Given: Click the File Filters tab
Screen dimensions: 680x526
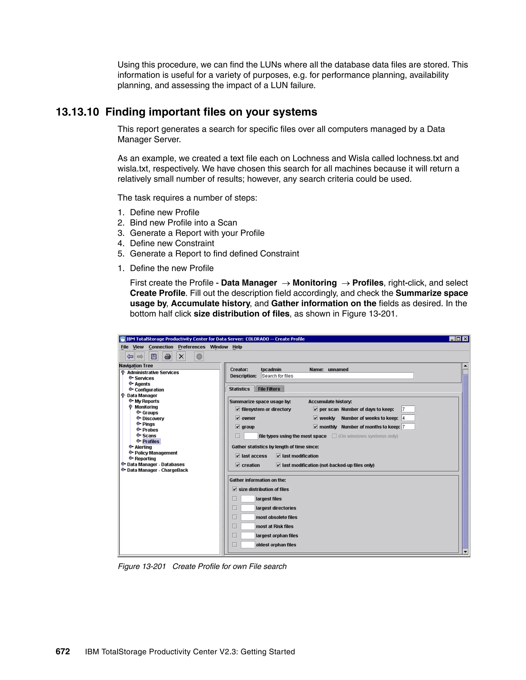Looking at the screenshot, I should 269,389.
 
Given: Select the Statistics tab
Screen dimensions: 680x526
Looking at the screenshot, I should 239,389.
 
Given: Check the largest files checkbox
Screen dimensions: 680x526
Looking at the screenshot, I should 235,499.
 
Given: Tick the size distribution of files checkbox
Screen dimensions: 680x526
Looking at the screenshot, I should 235,489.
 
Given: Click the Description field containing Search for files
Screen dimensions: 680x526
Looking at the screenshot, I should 337,376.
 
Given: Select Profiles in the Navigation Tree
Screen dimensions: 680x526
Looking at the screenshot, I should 151,442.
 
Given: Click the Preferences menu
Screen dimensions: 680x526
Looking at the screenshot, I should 192,347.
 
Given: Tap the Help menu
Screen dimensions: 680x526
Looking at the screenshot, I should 237,347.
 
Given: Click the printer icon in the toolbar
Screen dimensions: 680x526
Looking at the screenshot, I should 168,356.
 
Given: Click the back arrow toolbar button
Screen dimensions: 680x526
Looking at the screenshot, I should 130,356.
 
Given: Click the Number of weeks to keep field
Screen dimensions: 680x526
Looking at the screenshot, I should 408,418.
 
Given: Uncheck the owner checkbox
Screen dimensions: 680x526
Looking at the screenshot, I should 238,418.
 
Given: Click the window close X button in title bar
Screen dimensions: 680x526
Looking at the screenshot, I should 465,339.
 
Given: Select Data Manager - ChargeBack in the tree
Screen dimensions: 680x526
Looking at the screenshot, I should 157,470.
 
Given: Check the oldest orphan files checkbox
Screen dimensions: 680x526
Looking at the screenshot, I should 235,545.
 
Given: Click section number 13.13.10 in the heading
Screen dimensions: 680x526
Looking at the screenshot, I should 77,112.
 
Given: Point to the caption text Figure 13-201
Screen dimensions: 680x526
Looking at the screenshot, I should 142,566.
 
